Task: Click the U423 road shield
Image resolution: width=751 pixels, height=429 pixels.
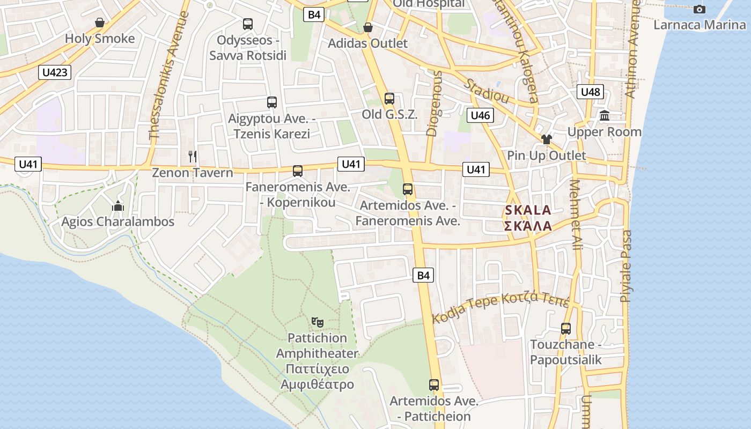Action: [x=55, y=72]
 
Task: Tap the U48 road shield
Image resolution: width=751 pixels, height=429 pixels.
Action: [x=590, y=92]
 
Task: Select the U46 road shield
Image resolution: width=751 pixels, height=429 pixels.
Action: [x=480, y=115]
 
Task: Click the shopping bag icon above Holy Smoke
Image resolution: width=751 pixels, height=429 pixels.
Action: [x=100, y=23]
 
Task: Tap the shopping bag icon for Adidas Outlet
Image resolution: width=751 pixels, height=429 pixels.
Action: [x=368, y=27]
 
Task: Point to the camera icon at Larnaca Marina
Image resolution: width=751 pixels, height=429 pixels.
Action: [x=700, y=9]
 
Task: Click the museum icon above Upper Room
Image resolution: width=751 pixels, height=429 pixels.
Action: [x=605, y=115]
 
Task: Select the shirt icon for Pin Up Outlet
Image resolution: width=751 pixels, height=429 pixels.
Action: [x=547, y=139]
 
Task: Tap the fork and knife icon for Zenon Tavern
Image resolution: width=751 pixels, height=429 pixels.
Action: [x=193, y=157]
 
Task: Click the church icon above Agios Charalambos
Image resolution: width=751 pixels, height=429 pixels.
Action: [x=118, y=206]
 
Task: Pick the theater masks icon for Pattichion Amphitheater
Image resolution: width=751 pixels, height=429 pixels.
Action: [x=318, y=322]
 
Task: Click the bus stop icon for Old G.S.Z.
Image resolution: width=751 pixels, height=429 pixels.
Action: [x=389, y=99]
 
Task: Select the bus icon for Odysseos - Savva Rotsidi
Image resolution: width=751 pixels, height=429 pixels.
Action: [x=248, y=24]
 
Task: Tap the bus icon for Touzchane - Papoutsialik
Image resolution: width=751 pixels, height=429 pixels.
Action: [x=566, y=328]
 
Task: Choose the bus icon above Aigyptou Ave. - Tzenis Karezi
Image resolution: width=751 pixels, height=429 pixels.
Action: [x=272, y=102]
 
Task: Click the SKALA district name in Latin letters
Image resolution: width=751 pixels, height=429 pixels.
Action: [x=528, y=210]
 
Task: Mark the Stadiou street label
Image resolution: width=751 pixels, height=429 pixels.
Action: [x=487, y=91]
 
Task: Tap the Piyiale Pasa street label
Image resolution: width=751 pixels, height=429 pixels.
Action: [x=627, y=266]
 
